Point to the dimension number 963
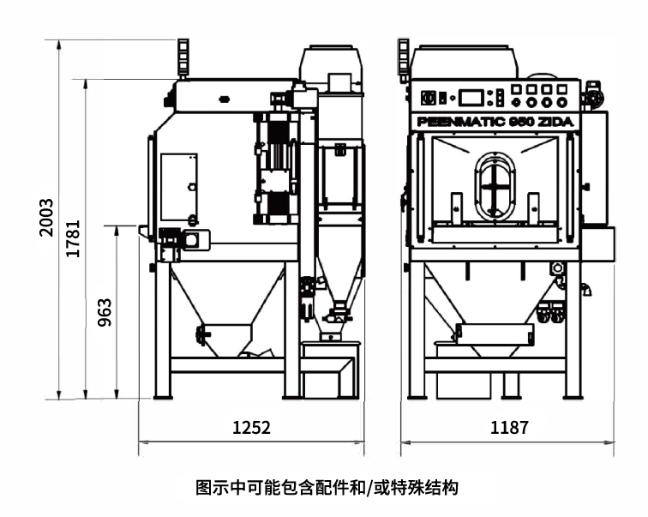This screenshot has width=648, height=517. (104, 314)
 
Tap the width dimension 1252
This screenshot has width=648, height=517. (251, 427)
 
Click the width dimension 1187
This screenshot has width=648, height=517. (508, 427)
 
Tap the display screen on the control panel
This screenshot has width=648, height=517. (472, 97)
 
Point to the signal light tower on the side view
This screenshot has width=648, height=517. (183, 55)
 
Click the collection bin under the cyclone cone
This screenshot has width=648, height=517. (329, 377)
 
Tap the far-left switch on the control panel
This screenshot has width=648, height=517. (431, 95)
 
